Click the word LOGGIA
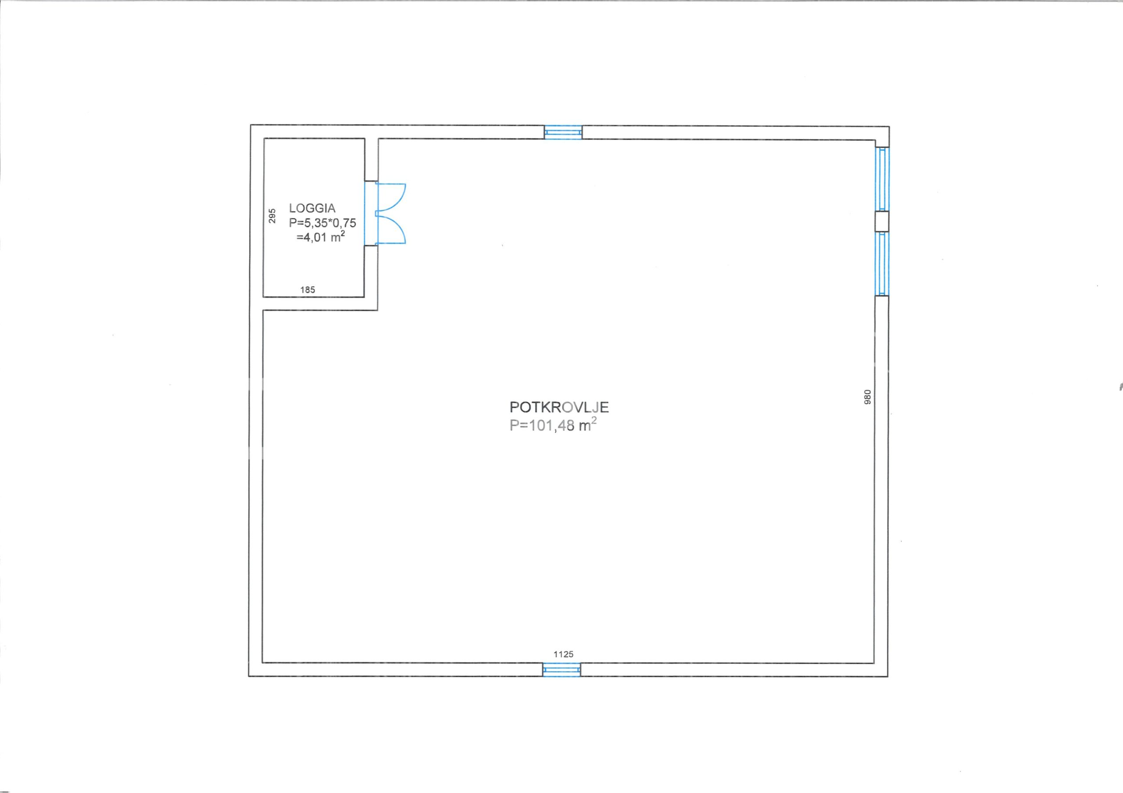312,208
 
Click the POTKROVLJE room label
559,407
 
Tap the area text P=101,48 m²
553,425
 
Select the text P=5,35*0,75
322,223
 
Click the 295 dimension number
272,216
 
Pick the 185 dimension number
308,290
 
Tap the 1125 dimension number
563,654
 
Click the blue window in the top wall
563,132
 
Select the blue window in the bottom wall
561,669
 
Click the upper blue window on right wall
882,179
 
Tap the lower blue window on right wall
882,264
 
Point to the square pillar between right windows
882,221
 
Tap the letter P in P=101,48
514,425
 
